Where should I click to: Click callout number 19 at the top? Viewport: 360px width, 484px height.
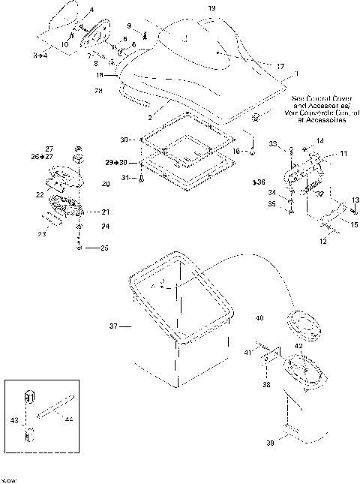[x=211, y=8]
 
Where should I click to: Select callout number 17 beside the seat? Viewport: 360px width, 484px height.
[x=280, y=67]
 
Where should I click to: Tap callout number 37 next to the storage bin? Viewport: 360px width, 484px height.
[x=115, y=326]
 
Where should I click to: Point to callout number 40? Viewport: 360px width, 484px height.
[x=259, y=318]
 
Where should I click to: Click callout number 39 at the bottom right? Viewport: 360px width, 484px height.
[x=270, y=444]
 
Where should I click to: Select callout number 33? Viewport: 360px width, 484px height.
[x=274, y=143]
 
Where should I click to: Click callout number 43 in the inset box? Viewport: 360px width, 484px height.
[x=12, y=420]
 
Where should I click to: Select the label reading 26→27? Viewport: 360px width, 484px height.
[x=43, y=157]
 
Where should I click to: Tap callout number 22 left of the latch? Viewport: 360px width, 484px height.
[x=40, y=194]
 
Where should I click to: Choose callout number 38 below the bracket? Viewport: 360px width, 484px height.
[x=267, y=383]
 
